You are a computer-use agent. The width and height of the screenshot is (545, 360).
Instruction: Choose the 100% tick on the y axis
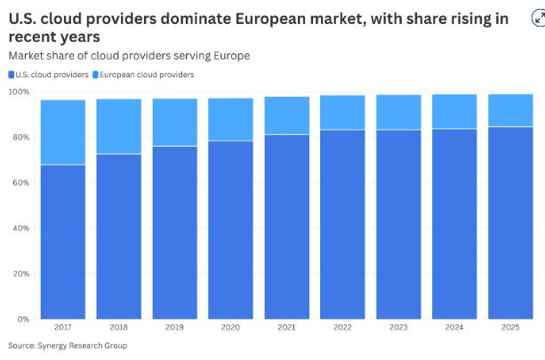coord(20,92)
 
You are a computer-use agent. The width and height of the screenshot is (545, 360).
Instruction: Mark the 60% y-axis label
coord(20,182)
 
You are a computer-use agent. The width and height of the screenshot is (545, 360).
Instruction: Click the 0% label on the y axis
coord(23,318)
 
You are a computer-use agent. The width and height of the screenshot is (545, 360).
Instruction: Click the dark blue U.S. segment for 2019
coord(174,231)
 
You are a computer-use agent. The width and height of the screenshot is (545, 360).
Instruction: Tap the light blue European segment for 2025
coord(510,110)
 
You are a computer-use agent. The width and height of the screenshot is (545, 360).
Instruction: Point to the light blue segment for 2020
coord(230,119)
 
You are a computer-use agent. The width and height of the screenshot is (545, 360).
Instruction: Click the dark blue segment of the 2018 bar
coord(118,236)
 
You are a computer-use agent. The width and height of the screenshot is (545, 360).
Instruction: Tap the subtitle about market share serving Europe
coord(129,55)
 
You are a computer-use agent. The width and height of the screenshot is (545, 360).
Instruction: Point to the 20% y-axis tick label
coord(20,273)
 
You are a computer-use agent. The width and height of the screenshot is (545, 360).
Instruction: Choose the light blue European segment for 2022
coord(342,112)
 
